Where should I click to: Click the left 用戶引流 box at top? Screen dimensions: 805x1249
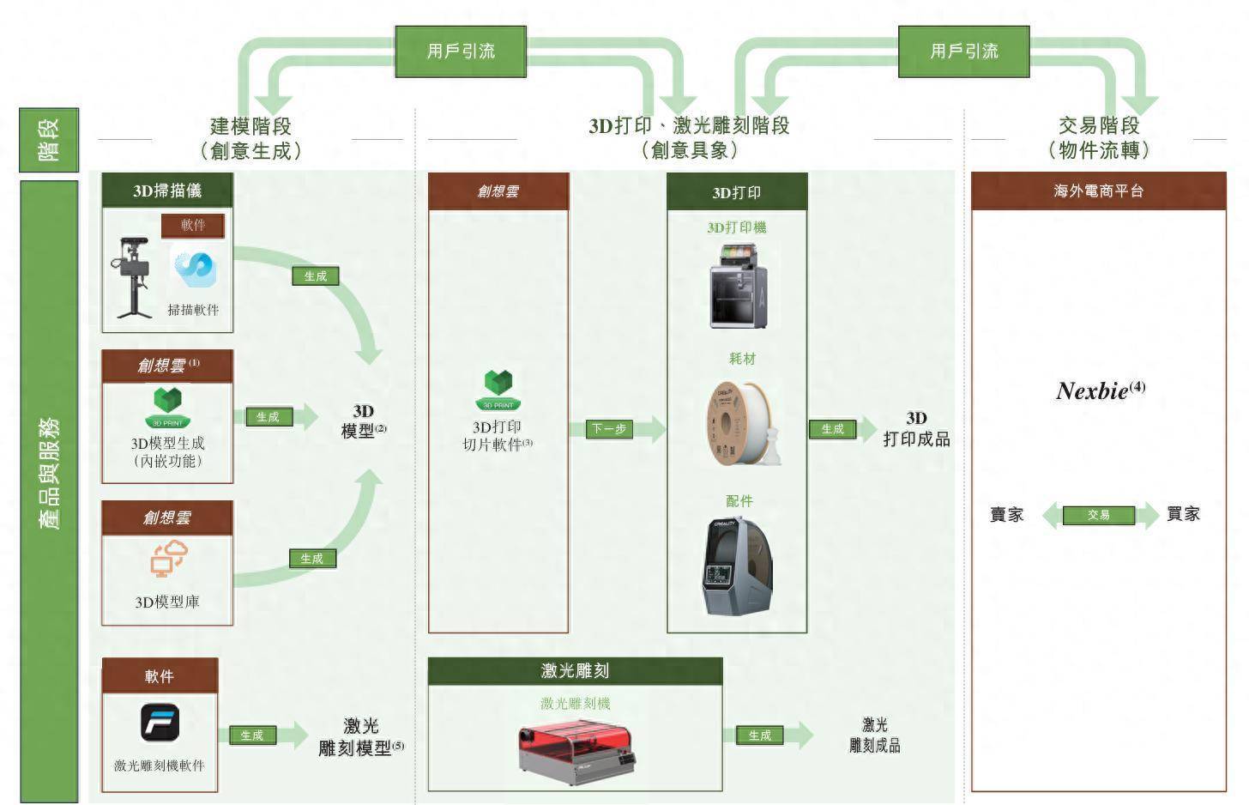tap(461, 51)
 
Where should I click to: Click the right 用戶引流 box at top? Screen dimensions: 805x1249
tap(963, 51)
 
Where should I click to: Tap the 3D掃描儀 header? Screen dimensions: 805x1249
tap(167, 191)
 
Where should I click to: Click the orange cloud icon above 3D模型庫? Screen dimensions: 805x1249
tap(168, 559)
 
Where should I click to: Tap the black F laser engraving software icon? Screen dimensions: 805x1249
tap(160, 723)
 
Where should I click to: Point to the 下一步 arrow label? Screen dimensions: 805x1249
tap(609, 429)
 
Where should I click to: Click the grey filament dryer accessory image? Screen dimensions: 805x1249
tap(737, 566)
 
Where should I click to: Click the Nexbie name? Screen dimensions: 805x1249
tap(1092, 391)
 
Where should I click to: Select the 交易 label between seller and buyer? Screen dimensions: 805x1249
tap(1099, 515)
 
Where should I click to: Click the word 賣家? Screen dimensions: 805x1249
tap(1007, 515)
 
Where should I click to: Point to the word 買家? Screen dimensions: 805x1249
tap(1184, 514)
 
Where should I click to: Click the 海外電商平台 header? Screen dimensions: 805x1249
tap(1099, 191)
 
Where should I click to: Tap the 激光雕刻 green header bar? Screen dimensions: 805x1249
tap(575, 671)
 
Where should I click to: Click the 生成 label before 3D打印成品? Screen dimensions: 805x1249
tap(832, 429)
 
